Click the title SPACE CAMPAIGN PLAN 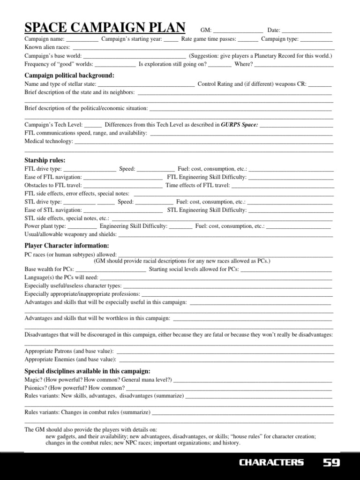[105, 28]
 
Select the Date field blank [307, 31]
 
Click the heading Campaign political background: [69, 75]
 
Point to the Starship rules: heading [45, 160]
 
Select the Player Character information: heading [67, 246]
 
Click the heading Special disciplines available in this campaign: [87, 371]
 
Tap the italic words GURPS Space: [240, 125]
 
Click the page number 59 [331, 463]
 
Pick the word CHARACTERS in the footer [271, 463]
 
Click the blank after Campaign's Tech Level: [93, 125]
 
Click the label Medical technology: [49, 141]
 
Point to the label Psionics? [36, 388]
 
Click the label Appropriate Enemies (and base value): [70, 360]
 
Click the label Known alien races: [47, 47]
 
